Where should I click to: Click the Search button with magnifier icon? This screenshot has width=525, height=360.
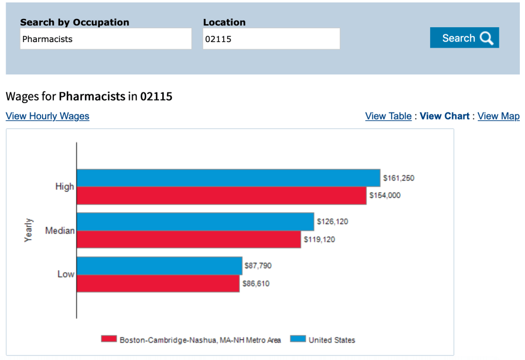[464, 38]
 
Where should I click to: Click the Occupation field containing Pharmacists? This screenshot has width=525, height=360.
[106, 39]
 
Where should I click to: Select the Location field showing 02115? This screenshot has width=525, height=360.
[271, 39]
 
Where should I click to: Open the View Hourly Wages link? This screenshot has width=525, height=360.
[47, 116]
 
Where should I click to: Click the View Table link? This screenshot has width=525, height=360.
[388, 116]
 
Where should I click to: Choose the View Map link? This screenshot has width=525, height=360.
[498, 116]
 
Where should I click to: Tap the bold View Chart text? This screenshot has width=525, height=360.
[444, 116]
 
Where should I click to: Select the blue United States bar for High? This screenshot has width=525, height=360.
[228, 178]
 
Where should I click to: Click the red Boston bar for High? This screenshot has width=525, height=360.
[221, 196]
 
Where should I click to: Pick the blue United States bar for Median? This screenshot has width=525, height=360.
[195, 222]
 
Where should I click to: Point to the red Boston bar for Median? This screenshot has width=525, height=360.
[188, 239]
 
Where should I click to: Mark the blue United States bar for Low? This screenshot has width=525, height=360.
[159, 266]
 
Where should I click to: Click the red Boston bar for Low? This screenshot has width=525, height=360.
[158, 284]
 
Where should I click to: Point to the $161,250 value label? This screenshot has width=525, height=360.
[398, 178]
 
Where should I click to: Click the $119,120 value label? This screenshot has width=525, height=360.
[319, 239]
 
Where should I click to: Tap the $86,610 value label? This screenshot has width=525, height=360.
[256, 284]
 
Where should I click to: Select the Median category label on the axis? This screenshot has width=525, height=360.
[60, 231]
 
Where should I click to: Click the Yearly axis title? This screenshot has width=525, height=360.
[29, 230]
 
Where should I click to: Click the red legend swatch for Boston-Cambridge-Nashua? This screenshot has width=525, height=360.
[109, 339]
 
